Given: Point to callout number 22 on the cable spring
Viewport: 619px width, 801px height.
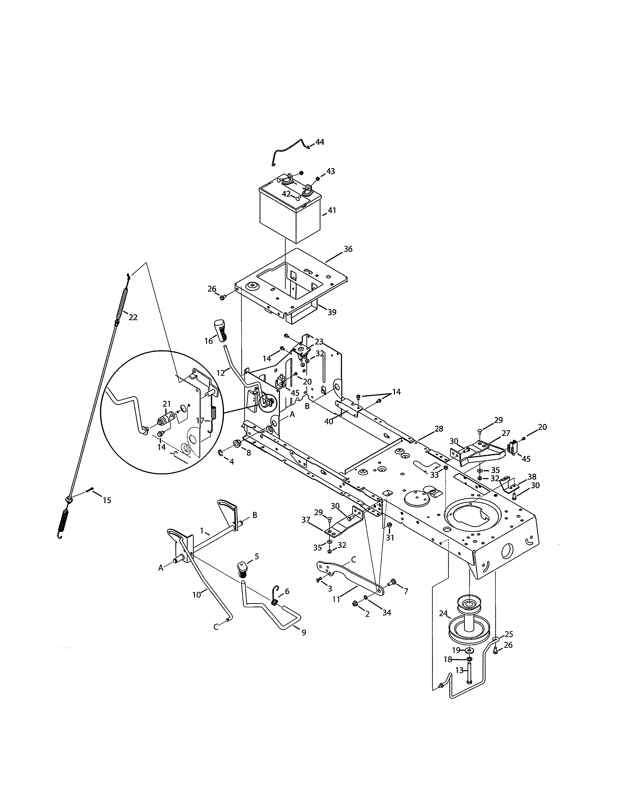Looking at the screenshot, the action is [133, 317].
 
